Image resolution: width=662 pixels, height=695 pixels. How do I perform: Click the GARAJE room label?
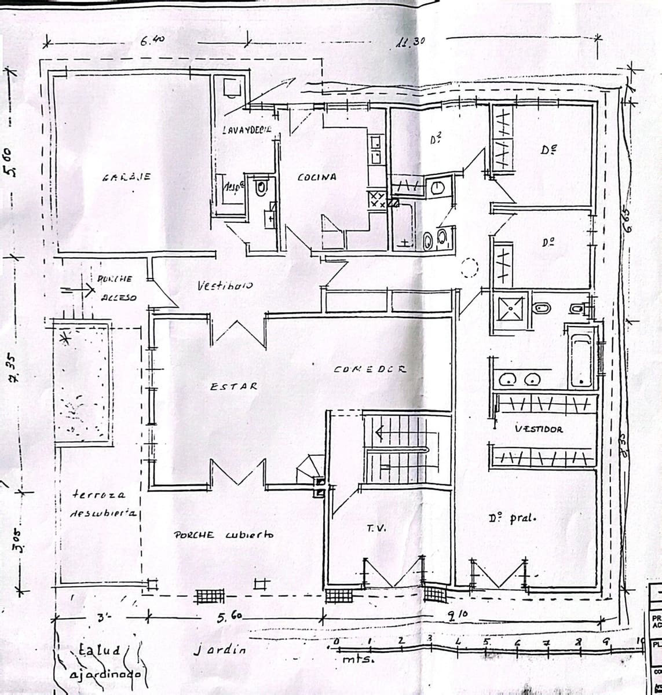pyautogui.click(x=126, y=177)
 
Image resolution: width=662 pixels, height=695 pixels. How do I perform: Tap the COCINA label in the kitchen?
pyautogui.click(x=316, y=177)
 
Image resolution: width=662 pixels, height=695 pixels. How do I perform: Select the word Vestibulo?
pyautogui.click(x=225, y=286)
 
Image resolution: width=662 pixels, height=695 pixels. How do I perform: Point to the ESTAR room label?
pyautogui.click(x=233, y=386)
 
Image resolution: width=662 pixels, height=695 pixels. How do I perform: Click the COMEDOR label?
pyautogui.click(x=370, y=369)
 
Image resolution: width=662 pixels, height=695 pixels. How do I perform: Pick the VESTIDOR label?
pyautogui.click(x=539, y=429)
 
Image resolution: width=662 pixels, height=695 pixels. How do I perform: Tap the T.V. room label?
pyautogui.click(x=373, y=528)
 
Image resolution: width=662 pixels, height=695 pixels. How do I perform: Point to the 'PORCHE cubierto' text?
pyautogui.click(x=223, y=535)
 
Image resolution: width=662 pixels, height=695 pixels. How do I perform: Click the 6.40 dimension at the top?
pyautogui.click(x=152, y=41)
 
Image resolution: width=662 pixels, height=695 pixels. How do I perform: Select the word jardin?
pyautogui.click(x=220, y=649)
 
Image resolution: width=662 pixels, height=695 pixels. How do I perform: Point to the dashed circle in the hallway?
pyautogui.click(x=469, y=268)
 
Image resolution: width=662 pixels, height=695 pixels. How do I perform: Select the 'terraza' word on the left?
pyautogui.click(x=98, y=495)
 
